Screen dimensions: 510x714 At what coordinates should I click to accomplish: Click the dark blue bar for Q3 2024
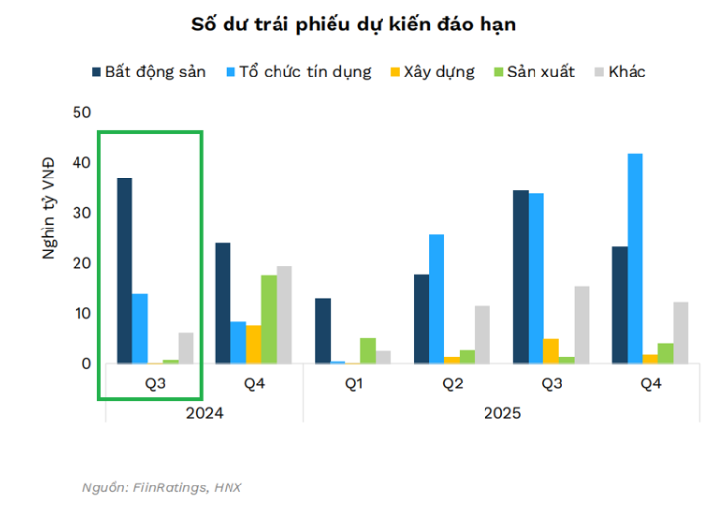coord(125,271)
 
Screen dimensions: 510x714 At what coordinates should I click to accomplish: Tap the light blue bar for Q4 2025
coord(635,259)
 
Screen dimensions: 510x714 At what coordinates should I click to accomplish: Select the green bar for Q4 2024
coord(268,319)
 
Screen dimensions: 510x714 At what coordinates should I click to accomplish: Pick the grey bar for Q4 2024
coord(283,315)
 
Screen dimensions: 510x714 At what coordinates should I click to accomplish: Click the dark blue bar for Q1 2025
coord(323,331)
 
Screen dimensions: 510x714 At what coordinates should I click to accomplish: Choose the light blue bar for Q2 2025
coord(436,299)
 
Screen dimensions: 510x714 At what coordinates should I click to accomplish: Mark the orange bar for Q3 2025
coord(551,351)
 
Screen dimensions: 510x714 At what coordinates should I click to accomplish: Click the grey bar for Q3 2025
coord(583,325)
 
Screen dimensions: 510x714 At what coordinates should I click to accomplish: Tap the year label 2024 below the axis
coord(204,413)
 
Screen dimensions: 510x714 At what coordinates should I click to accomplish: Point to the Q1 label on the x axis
coord(353,383)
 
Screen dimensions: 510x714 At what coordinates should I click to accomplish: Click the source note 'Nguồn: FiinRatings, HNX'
coord(163,487)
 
